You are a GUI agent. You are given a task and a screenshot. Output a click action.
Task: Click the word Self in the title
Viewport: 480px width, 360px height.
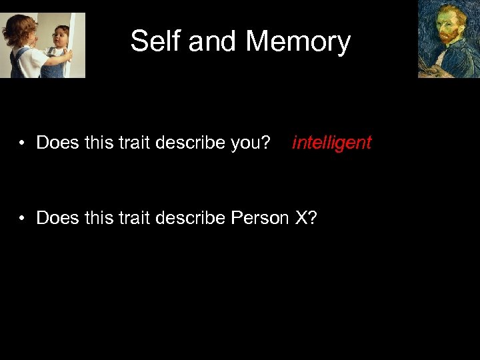tap(156, 41)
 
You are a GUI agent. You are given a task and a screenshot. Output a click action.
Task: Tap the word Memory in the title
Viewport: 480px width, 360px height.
tap(298, 41)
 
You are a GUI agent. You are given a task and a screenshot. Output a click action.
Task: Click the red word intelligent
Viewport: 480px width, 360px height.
tap(331, 143)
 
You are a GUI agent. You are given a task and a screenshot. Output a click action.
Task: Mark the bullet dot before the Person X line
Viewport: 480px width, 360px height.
tap(23, 219)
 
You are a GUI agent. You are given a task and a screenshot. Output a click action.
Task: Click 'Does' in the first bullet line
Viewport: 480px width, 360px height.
tap(57, 143)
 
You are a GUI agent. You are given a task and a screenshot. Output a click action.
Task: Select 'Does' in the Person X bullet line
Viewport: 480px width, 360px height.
tap(57, 218)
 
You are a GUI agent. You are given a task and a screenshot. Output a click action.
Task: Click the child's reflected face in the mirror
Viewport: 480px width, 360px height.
tap(61, 36)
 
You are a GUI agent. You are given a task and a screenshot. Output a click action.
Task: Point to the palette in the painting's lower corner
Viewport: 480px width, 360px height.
tap(427, 70)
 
